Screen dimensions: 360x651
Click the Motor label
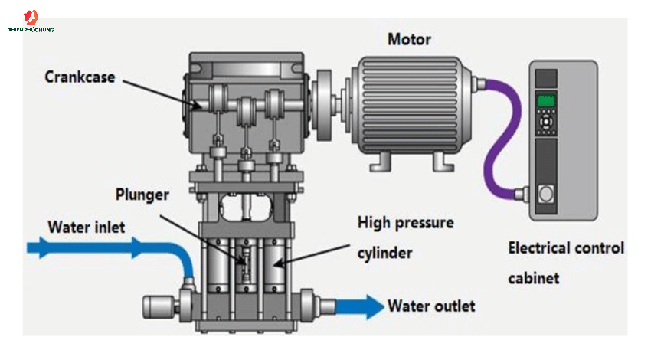(x=409, y=39)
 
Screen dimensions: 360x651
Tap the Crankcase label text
(x=80, y=77)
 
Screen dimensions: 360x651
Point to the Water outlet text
(x=431, y=306)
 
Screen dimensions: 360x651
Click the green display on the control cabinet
(x=545, y=100)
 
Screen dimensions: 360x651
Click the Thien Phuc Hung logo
(x=31, y=18)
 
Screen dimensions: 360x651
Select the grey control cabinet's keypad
(x=545, y=122)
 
